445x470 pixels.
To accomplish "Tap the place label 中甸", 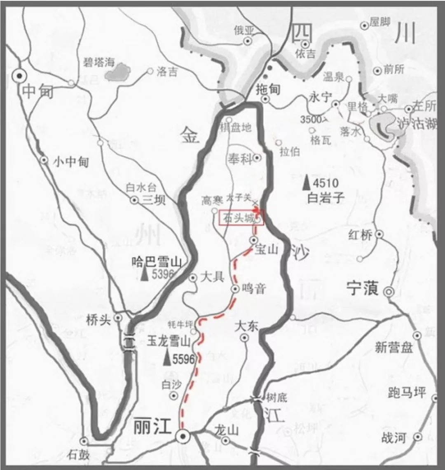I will pyautogui.click(x=38, y=91).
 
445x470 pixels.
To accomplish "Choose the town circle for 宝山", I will pyautogui.click(x=254, y=240).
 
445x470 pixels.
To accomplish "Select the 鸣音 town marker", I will pyautogui.click(x=235, y=289).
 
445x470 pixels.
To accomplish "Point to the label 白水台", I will pyautogui.click(x=141, y=188).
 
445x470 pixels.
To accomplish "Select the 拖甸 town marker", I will pyautogui.click(x=266, y=99).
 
